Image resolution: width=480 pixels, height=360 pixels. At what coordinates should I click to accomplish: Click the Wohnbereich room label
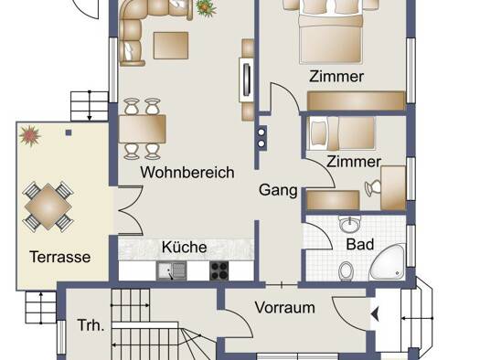[187, 173]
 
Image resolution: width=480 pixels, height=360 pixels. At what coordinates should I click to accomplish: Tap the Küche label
[185, 247]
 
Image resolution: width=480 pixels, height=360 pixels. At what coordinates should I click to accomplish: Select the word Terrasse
[60, 257]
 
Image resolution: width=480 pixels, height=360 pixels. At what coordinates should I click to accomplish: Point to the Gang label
[278, 191]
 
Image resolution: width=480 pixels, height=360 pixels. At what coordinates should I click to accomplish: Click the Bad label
[360, 244]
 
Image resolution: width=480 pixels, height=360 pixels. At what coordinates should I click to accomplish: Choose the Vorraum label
[285, 307]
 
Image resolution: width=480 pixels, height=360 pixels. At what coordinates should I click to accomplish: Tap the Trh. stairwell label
[91, 325]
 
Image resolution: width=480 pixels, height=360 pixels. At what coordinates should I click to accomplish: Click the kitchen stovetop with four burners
[219, 270]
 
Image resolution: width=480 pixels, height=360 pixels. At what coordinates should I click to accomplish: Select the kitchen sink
[171, 270]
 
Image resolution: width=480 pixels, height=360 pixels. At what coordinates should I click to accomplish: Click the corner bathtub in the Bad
[389, 263]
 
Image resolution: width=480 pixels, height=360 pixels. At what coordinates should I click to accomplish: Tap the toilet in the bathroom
[347, 271]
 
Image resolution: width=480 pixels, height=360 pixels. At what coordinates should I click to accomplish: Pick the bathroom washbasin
[350, 225]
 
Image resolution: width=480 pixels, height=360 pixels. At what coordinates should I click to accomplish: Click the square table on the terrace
[48, 206]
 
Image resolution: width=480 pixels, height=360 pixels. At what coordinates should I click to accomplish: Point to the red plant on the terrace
[29, 135]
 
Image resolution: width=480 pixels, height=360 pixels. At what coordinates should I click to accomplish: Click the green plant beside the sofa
[206, 8]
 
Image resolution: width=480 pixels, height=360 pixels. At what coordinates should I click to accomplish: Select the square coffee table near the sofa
[171, 46]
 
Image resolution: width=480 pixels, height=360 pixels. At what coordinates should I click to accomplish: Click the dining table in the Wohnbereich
[143, 129]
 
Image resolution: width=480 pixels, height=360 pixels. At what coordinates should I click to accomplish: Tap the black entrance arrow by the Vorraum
[375, 314]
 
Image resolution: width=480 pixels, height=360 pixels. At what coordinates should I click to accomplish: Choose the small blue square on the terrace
[69, 132]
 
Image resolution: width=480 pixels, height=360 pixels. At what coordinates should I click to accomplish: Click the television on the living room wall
[247, 79]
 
